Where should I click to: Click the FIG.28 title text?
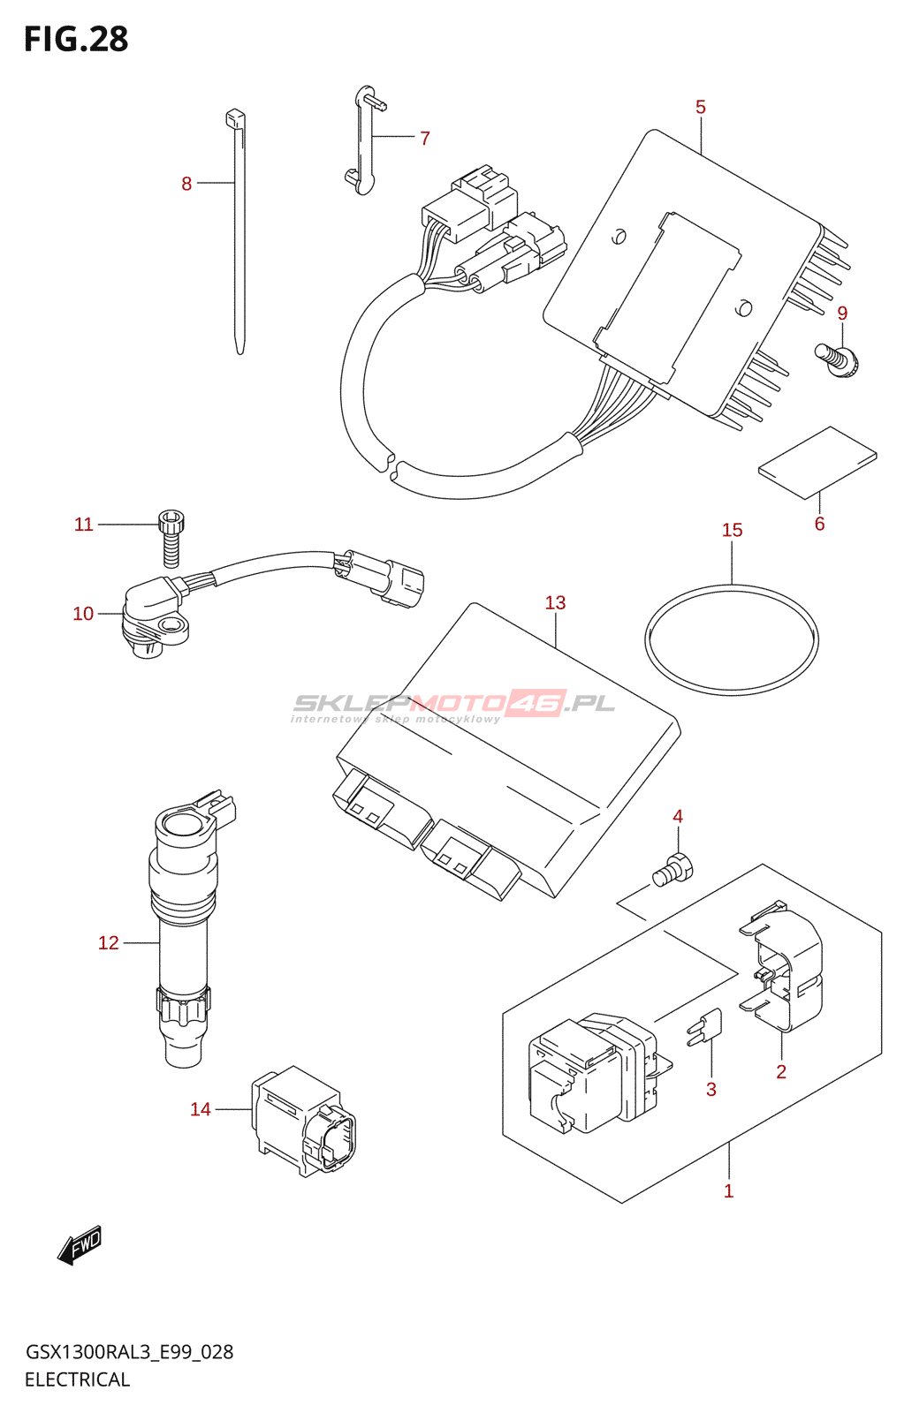click(x=76, y=39)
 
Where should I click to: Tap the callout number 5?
click(x=700, y=108)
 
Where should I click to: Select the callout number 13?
click(x=555, y=603)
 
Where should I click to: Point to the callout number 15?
click(x=732, y=530)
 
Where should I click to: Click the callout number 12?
click(x=108, y=943)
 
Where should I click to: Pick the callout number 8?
click(x=186, y=184)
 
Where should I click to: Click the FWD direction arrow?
click(x=80, y=1244)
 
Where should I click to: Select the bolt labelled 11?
click(x=171, y=536)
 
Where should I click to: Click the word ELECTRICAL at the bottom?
click(x=77, y=1379)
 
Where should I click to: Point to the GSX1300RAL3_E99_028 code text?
click(x=129, y=1352)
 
